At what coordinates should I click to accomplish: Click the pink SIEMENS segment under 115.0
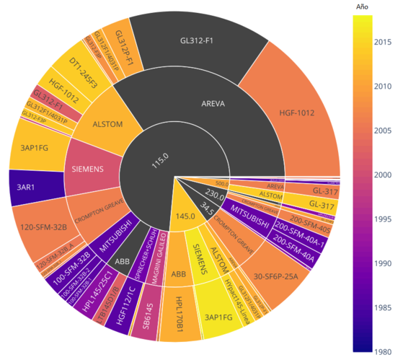[x=89, y=169]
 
